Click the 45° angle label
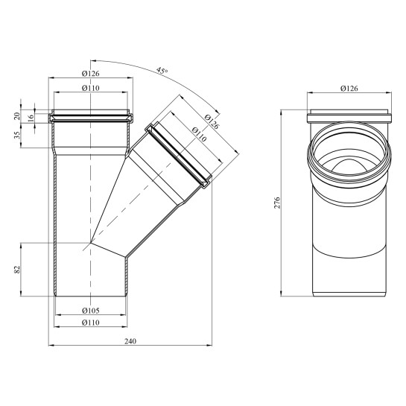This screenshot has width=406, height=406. (162, 71)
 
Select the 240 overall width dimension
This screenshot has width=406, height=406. (130, 341)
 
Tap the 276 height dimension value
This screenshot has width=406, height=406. (277, 203)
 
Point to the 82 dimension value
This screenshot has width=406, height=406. (17, 270)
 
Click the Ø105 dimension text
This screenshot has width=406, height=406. (91, 311)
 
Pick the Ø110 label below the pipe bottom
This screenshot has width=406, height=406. (91, 323)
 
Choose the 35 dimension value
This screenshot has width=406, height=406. (17, 135)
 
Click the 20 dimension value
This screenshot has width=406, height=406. (17, 115)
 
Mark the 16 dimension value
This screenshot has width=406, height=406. (31, 118)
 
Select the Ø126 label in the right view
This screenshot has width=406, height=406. (349, 89)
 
